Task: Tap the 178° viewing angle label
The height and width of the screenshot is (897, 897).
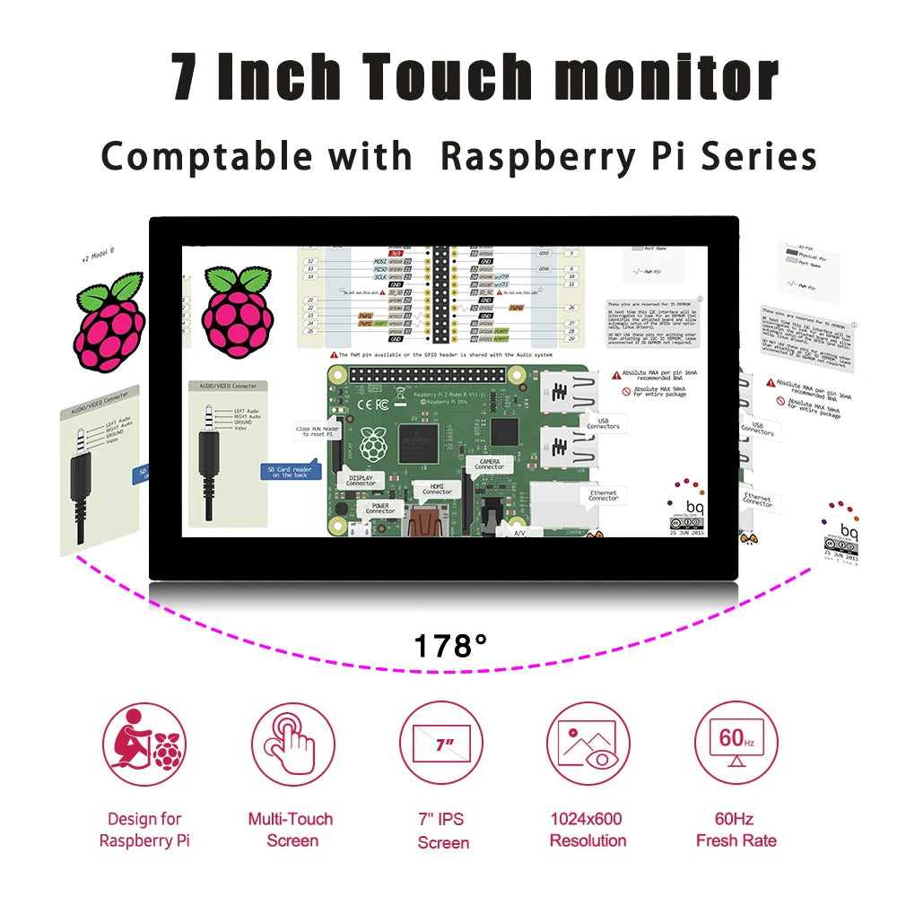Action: point(450,645)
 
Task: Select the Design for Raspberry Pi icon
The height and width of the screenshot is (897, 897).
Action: point(144,744)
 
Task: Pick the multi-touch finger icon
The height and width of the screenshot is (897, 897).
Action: point(292,744)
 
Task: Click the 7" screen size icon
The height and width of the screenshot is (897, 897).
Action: point(441,744)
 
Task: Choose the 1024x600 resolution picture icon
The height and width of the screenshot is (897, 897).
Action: point(588,744)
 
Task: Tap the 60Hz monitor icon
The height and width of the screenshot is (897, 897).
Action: point(736,744)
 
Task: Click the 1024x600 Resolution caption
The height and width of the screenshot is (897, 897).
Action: point(588,830)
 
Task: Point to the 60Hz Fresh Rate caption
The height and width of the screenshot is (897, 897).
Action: point(736,830)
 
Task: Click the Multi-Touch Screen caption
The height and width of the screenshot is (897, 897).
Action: point(291,830)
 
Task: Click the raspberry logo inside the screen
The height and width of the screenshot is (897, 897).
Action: point(237,307)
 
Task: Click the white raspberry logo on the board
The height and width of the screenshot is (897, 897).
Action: point(371,444)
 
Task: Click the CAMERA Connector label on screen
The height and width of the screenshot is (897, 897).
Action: point(490,464)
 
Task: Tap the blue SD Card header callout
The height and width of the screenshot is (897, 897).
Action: point(289,471)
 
